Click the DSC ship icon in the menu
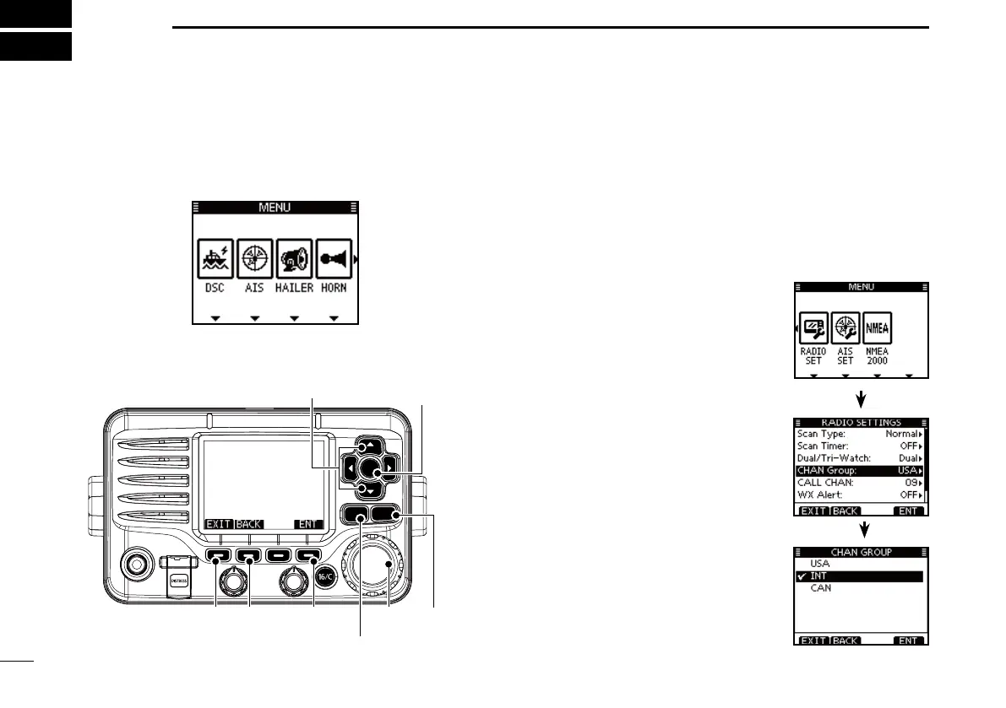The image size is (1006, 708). tap(215, 258)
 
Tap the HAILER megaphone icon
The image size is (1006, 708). tap(294, 258)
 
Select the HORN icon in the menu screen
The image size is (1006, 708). tap(334, 258)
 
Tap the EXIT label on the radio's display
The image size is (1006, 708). tap(218, 524)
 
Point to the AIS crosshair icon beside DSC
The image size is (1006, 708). tap(254, 258)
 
